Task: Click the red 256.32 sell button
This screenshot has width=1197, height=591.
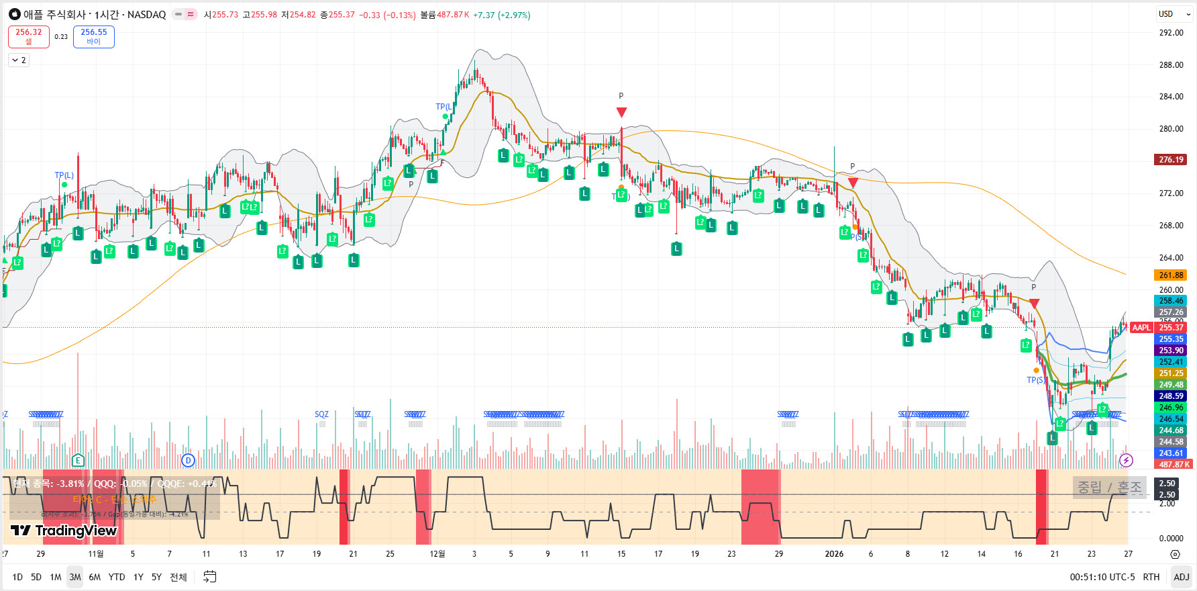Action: pos(29,36)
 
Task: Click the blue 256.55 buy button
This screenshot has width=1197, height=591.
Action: pos(93,36)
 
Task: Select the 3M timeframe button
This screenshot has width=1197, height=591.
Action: pos(75,577)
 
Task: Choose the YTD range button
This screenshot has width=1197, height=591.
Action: pos(117,577)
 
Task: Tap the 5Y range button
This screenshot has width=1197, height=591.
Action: pos(156,577)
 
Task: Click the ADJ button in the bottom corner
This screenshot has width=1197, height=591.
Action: pos(1181,577)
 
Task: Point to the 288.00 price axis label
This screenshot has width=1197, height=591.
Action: pos(1171,65)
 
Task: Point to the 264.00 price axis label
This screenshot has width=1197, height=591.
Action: pos(1171,258)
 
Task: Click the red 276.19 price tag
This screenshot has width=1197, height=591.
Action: pos(1171,160)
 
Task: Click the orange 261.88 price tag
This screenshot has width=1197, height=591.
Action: pos(1171,275)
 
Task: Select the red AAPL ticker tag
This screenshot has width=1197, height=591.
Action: pos(1141,328)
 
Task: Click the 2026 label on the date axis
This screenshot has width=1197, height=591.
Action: pos(834,554)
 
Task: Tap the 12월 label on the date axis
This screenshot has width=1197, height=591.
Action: pos(437,554)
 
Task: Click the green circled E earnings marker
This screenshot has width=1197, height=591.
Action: pos(79,460)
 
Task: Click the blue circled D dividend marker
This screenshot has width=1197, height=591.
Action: pos(188,460)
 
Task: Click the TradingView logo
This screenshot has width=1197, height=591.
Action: pos(64,531)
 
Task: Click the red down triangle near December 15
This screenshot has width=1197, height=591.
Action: pos(621,112)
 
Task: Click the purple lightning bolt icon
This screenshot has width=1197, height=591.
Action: pos(1126,460)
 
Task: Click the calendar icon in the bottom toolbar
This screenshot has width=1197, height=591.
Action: pos(210,577)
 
